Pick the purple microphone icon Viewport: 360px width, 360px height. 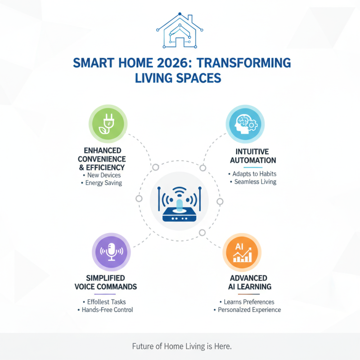tap(111, 251)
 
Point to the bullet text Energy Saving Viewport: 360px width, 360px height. tap(103, 183)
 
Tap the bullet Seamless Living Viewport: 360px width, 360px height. tap(255, 182)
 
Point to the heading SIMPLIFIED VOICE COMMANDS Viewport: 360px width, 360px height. tap(105, 282)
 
